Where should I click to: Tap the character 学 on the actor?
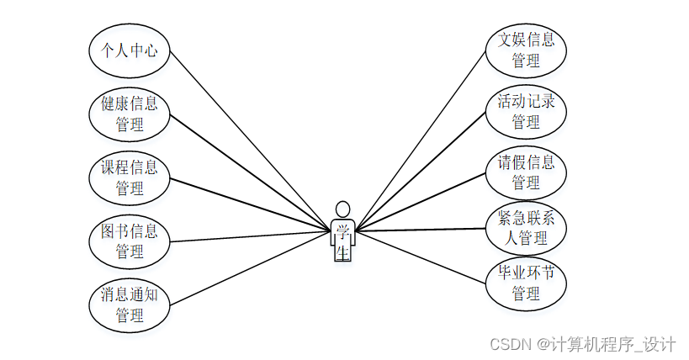[x=342, y=231]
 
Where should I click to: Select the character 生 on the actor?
[x=342, y=251]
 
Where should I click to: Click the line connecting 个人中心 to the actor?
[x=250, y=140]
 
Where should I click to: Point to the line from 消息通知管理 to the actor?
[x=250, y=268]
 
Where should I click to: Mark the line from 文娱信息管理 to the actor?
[x=420, y=140]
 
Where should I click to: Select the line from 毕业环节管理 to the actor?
[x=420, y=257]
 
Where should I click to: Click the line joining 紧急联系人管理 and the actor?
[x=420, y=230]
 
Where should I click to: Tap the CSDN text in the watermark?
[x=510, y=344]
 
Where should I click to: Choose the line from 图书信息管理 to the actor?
[x=250, y=236]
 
